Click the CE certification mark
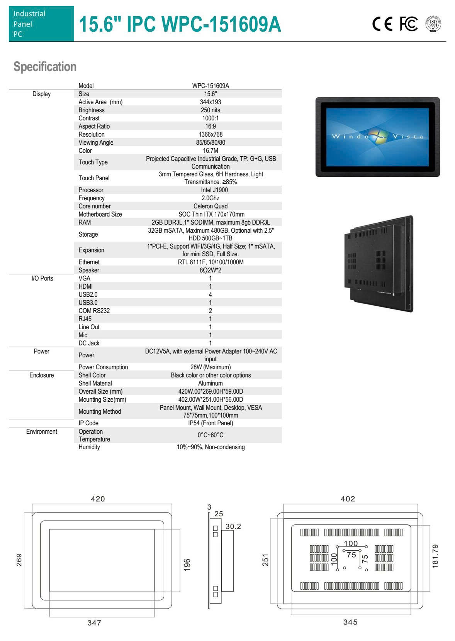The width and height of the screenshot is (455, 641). [382, 24]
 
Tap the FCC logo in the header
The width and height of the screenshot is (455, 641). [408, 24]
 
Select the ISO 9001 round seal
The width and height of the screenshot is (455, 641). [433, 24]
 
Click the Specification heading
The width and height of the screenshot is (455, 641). [45, 67]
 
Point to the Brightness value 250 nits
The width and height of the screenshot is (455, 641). [211, 110]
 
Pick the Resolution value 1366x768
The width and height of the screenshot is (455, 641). [211, 134]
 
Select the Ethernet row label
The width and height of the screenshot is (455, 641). [89, 262]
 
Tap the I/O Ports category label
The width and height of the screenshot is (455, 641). [42, 278]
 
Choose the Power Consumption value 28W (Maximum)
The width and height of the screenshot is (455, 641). [211, 367]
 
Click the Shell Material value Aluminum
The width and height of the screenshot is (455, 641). [211, 383]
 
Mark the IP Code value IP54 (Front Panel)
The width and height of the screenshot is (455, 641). [211, 423]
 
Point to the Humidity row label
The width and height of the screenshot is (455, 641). [89, 447]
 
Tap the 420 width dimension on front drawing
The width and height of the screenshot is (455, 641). [98, 499]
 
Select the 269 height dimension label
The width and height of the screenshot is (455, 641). [19, 560]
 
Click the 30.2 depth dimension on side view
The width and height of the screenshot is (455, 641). [233, 526]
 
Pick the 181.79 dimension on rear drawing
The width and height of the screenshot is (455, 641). [435, 556]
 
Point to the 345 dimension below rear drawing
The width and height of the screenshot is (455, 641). [350, 622]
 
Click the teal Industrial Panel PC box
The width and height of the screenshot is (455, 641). [41, 24]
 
